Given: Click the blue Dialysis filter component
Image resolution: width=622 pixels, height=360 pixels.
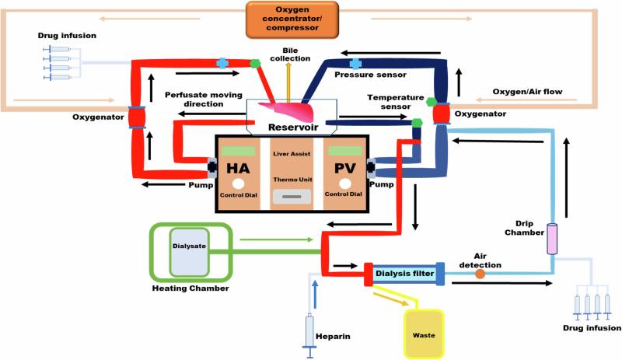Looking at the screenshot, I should (x=403, y=272).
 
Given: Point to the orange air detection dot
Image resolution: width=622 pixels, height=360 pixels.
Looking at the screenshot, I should (x=480, y=273).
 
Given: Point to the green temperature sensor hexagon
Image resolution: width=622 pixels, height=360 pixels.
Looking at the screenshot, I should (x=418, y=122).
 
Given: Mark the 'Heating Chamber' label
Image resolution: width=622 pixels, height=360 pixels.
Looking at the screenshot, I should (x=189, y=288).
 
